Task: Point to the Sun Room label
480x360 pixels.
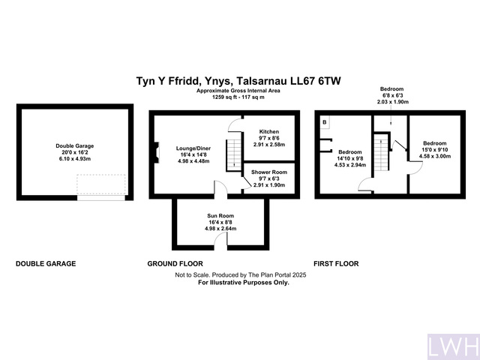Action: click(222, 216)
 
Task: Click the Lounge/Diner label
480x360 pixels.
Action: click(193, 149)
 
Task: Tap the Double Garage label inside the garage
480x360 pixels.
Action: click(74, 145)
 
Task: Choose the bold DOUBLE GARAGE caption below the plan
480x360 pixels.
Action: click(46, 264)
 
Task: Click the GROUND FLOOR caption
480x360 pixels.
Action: click(175, 264)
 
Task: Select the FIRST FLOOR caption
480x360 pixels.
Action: click(336, 264)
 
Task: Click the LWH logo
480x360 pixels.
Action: click(452, 346)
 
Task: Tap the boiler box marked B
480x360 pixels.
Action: click(324, 122)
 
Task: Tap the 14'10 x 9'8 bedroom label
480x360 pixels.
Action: click(350, 158)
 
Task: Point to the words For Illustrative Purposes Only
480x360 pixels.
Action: click(243, 283)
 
